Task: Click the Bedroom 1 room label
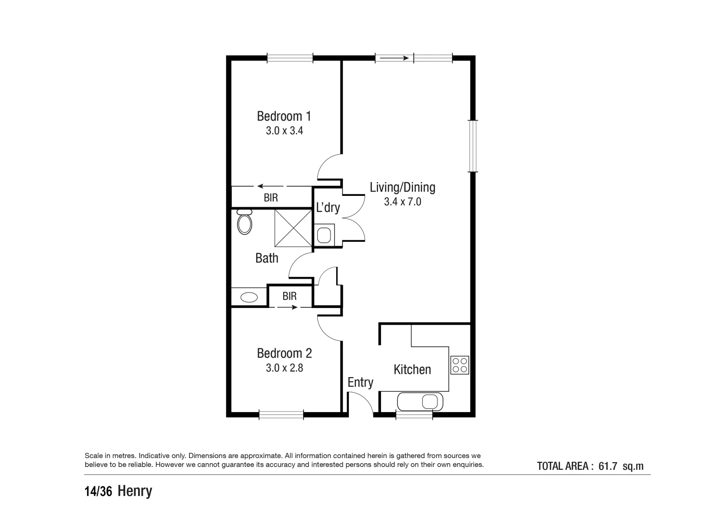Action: pyautogui.click(x=284, y=116)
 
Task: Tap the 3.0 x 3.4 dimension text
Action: pyautogui.click(x=284, y=131)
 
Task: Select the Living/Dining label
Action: pyautogui.click(x=402, y=187)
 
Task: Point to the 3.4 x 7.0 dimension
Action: pyautogui.click(x=402, y=202)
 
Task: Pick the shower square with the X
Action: pyautogui.click(x=293, y=228)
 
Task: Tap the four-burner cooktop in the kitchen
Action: pyautogui.click(x=460, y=365)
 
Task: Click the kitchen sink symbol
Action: pyautogui.click(x=420, y=402)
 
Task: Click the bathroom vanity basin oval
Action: pyautogui.click(x=249, y=298)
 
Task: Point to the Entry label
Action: pyautogui.click(x=360, y=382)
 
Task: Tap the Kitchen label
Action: pyautogui.click(x=412, y=370)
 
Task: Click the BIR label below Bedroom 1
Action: pyautogui.click(x=271, y=198)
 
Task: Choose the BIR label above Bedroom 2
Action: pyautogui.click(x=289, y=296)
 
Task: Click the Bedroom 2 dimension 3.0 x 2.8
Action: pyautogui.click(x=284, y=368)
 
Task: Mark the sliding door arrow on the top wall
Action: pyautogui.click(x=394, y=58)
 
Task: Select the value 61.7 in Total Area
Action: pyautogui.click(x=608, y=466)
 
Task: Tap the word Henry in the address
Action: pyautogui.click(x=135, y=491)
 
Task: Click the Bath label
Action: pyautogui.click(x=267, y=258)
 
